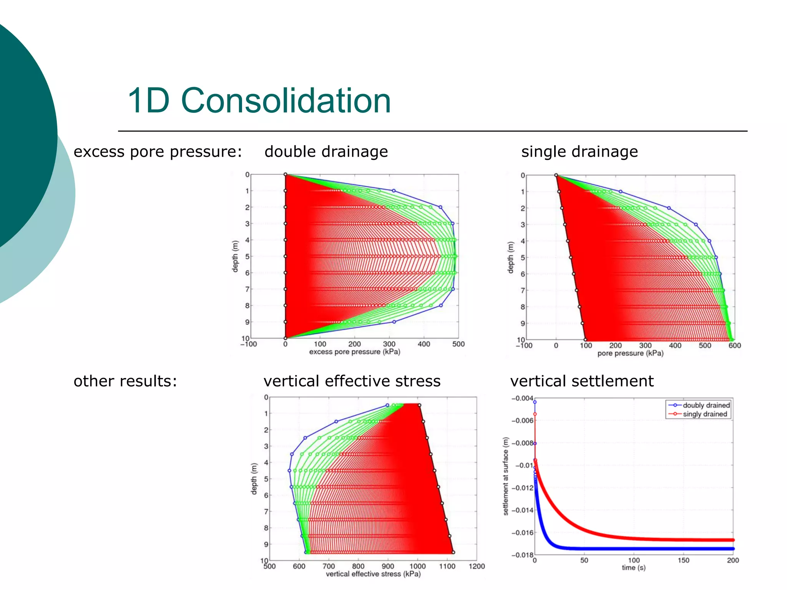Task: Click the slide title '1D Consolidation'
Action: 259,101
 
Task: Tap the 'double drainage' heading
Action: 326,152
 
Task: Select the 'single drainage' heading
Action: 579,152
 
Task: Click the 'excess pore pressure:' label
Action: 158,152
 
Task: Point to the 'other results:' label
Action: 125,381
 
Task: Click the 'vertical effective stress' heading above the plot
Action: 352,381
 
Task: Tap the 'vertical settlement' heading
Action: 582,381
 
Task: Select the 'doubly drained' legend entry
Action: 706,405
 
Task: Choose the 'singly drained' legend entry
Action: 705,414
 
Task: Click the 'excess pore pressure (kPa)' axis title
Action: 355,352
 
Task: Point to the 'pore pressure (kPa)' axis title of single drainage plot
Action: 630,353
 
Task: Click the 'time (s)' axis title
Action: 634,568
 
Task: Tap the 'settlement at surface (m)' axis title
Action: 506,476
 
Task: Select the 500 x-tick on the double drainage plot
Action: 458,344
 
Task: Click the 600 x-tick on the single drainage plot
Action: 734,345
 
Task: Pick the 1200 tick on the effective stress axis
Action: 477,566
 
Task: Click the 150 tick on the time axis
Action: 683,560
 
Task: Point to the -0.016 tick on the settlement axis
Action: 522,533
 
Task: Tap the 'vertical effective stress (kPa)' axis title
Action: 373,574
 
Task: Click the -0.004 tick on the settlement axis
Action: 522,398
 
